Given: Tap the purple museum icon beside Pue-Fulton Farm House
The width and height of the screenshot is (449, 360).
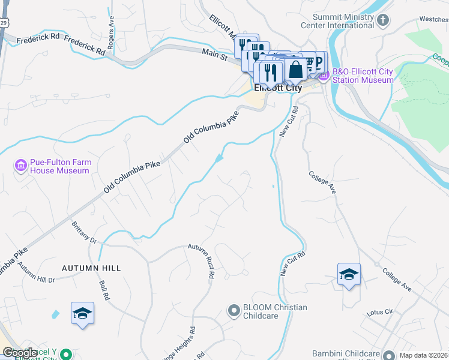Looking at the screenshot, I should (x=20, y=165).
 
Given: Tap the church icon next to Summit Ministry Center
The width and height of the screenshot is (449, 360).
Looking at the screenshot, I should (x=383, y=20).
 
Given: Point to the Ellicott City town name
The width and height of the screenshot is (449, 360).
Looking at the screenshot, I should (x=277, y=88).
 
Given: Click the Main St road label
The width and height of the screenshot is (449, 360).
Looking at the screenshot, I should (x=214, y=55).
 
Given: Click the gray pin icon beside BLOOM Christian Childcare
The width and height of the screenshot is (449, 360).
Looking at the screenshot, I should (x=234, y=310).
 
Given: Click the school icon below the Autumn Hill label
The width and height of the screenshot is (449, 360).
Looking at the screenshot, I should (x=83, y=313).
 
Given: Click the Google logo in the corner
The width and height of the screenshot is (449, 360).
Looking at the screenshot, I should (x=20, y=353).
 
